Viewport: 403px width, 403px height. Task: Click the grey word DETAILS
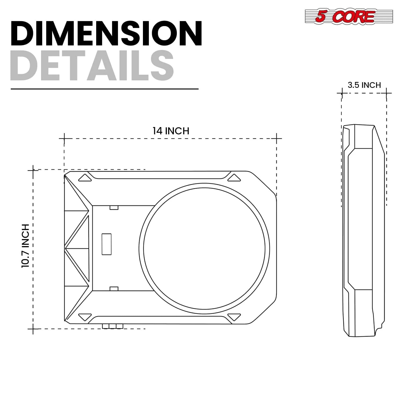(92, 66)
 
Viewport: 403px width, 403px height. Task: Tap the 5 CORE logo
(348, 16)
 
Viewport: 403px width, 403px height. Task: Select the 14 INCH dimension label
(171, 131)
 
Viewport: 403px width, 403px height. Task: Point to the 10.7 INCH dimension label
(25, 246)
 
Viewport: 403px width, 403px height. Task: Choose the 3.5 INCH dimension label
(364, 85)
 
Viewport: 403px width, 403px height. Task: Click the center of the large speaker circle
(204, 249)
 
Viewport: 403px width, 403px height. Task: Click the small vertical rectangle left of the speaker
(106, 244)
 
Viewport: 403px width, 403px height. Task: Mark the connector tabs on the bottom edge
(113, 326)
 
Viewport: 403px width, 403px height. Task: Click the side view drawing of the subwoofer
(363, 231)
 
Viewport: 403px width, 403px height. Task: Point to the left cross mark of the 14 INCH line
(64, 139)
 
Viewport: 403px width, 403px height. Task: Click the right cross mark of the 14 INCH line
(276, 139)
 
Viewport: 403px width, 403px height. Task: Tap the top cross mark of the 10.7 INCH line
(33, 170)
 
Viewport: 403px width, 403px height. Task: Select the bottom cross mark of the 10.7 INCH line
(33, 329)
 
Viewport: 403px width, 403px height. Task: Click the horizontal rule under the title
(105, 89)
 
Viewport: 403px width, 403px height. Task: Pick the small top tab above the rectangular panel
(114, 208)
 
